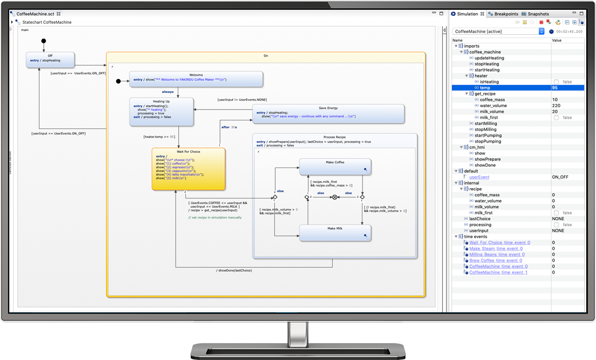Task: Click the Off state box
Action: pos(50,60)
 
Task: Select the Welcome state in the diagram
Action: pos(196,79)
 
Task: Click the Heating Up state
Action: pos(161,112)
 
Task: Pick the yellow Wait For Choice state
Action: pos(188,169)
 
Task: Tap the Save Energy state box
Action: pos(328,114)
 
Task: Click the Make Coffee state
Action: pos(335,166)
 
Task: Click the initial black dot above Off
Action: pos(43,41)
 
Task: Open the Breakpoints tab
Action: pos(506,14)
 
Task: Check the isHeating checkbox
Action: pos(556,82)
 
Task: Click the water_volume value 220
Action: pos(556,106)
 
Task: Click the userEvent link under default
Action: pos(479,177)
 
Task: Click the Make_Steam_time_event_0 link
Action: pos(496,249)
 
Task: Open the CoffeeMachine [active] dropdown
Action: pos(541,31)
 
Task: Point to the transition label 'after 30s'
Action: pos(229,127)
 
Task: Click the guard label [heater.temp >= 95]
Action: pos(159,137)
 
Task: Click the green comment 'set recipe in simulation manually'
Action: pos(215,217)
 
